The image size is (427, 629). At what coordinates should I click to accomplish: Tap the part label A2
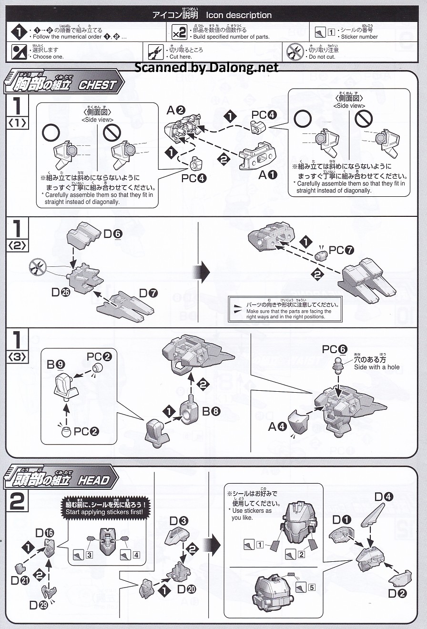coord(175,110)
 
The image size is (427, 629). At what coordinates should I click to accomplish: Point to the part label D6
coord(113,233)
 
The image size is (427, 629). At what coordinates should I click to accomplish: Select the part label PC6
coord(333,349)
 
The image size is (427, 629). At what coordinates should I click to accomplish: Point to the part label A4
coord(277,426)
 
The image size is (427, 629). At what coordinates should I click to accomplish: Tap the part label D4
coord(383,497)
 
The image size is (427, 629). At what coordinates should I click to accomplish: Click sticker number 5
coord(311,587)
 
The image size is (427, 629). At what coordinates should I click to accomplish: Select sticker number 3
coord(89,555)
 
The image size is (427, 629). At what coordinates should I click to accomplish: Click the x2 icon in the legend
coord(179,33)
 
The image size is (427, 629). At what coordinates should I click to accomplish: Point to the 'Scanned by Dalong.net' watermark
coord(206,67)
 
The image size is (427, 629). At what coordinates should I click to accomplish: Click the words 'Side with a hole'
coord(376,367)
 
